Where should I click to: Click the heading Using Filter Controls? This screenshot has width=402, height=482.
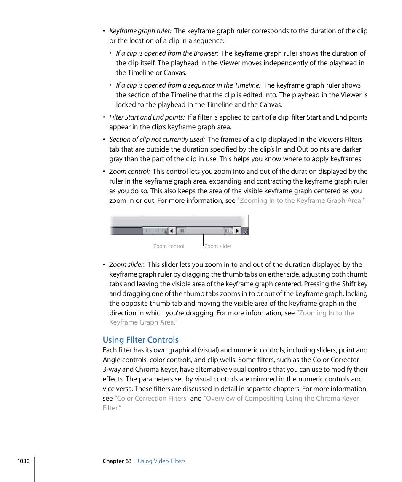pos(141,340)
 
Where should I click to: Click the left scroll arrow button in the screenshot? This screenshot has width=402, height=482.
pos(172,231)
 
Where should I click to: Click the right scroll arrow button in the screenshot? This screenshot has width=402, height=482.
pos(237,231)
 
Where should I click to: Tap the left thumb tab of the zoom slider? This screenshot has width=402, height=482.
pos(181,231)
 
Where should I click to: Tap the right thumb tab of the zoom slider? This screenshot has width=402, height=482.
pos(228,231)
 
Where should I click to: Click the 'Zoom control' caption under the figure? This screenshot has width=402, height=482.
pos(169,246)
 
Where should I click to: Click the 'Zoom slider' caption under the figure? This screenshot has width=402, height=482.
pos(218,246)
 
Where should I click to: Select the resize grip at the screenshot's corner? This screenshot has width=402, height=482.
pos(245,231)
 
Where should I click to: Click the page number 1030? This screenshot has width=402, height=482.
pos(23,461)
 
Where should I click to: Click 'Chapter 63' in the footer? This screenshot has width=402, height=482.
pos(117,461)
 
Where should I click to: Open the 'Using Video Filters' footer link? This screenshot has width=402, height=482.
pos(161,461)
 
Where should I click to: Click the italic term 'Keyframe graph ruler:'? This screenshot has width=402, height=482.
pos(140,31)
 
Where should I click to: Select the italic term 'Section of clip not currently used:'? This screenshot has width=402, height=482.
pos(157,140)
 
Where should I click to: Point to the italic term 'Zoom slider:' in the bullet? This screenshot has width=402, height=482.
pos(127,265)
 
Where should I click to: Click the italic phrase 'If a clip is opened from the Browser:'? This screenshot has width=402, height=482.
pos(167,53)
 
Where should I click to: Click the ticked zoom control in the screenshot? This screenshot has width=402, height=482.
pos(155,231)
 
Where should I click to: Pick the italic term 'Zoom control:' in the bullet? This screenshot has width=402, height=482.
pos(129,172)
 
